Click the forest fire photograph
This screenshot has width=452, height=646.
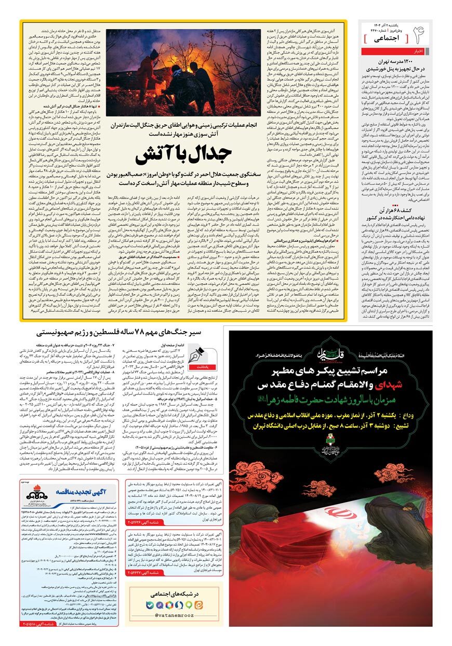pos(183,73)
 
